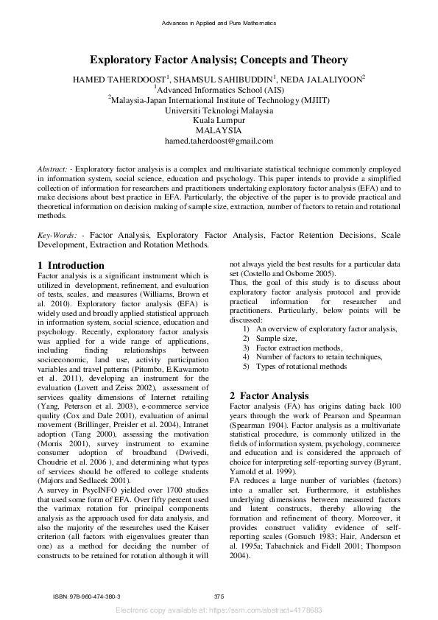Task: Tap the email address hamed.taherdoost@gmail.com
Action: click(x=219, y=141)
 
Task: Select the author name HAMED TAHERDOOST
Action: click(x=119, y=80)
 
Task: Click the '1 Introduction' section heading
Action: click(x=71, y=265)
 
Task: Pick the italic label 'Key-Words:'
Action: click(x=57, y=235)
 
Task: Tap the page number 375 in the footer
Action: click(x=219, y=596)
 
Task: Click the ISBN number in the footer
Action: click(x=88, y=596)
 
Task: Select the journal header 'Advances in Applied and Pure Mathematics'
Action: click(x=219, y=24)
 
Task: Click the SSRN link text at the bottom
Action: click(x=219, y=610)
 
